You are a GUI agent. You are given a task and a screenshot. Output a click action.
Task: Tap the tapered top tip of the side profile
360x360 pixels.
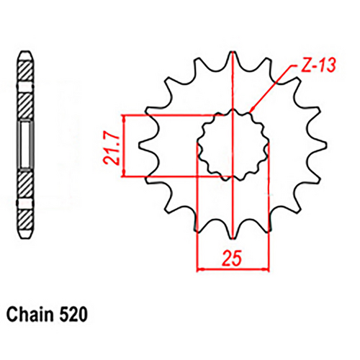tap(24, 58)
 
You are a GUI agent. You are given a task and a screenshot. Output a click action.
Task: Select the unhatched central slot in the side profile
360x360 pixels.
tap(24, 144)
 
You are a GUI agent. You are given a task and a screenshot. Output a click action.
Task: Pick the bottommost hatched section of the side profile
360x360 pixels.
tap(24, 215)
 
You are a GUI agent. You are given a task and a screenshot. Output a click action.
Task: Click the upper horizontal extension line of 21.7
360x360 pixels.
tap(173, 114)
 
